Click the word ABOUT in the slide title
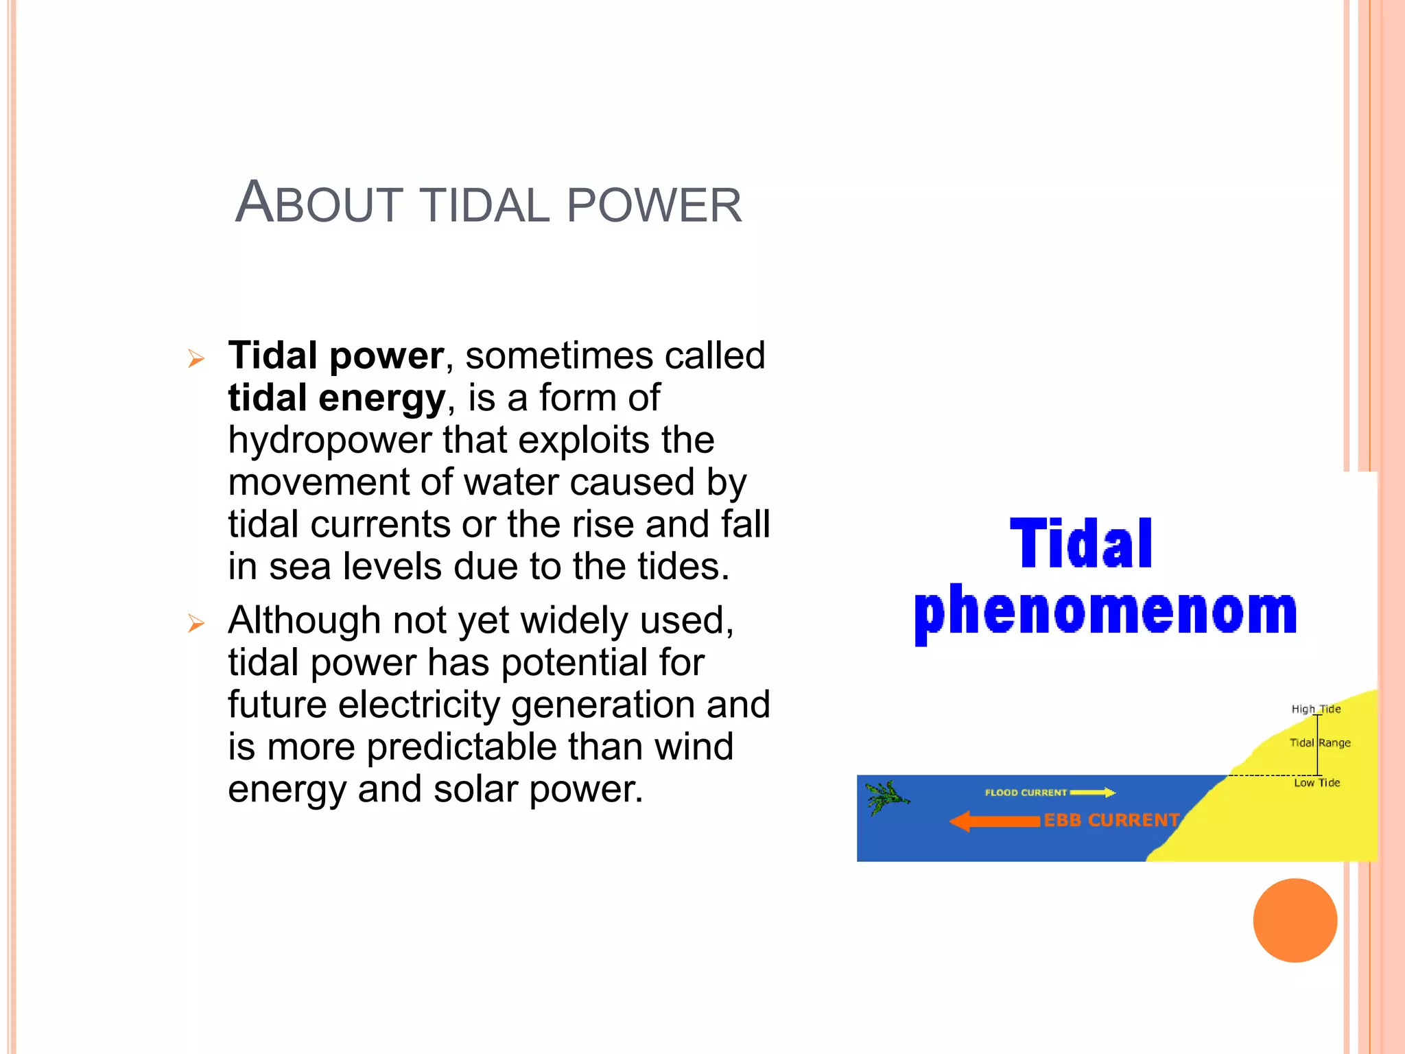tap(319, 204)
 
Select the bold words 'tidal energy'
tap(336, 398)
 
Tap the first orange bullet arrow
tap(196, 359)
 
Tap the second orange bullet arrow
tap(196, 623)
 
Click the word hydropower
tap(329, 441)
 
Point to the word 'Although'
tap(303, 620)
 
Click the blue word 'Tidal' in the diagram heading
tap(1081, 544)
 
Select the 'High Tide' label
tap(1315, 709)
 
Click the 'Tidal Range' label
tap(1319, 742)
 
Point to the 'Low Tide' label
tap(1317, 782)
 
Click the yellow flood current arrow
tap(1092, 793)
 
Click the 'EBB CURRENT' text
tap(1111, 820)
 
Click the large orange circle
tap(1295, 920)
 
